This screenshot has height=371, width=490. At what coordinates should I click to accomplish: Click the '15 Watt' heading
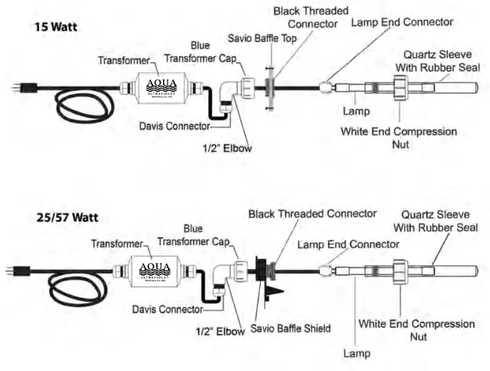(58, 28)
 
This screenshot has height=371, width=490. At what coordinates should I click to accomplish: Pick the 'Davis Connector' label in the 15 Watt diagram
(175, 126)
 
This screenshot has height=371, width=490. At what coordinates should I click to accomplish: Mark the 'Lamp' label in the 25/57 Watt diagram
(356, 354)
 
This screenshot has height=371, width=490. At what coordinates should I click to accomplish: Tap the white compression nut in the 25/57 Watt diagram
(400, 271)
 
